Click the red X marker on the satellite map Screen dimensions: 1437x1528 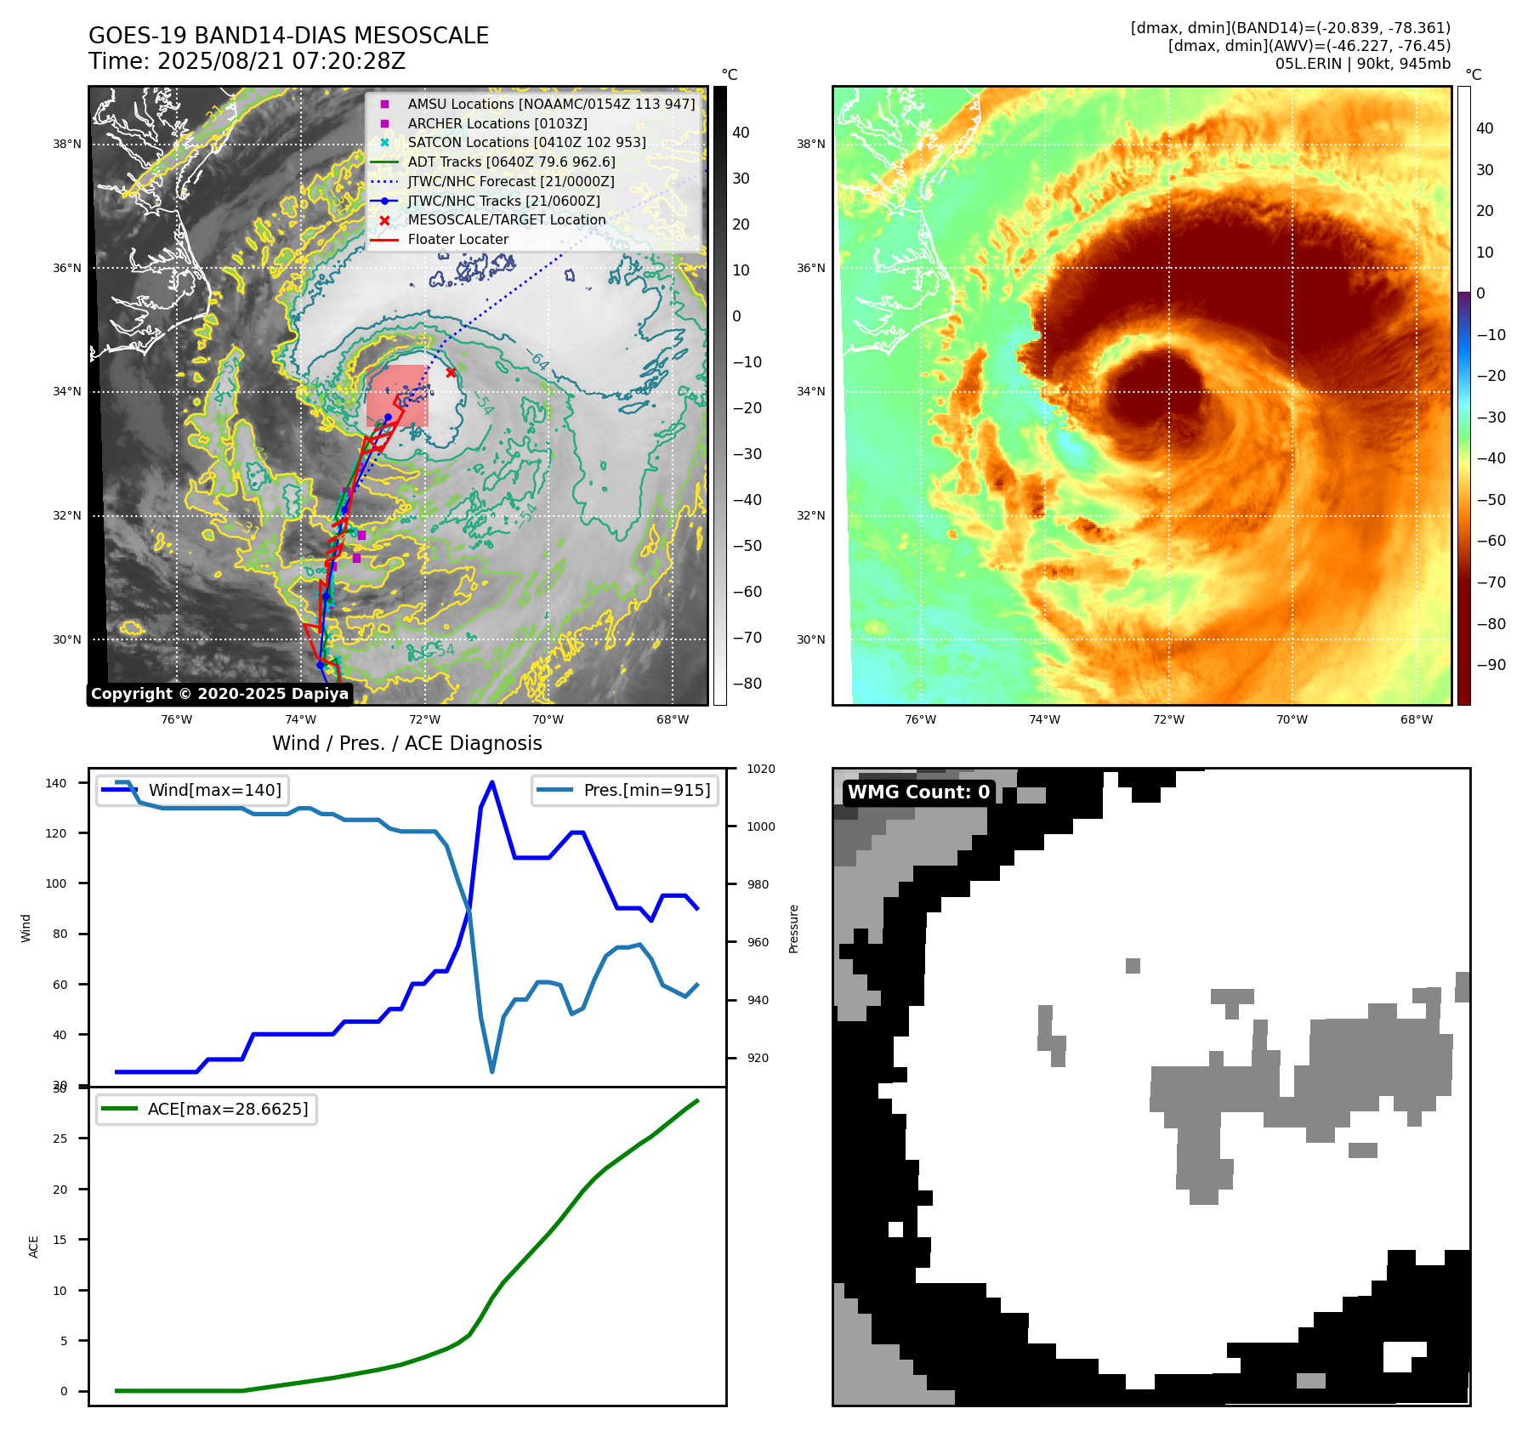[x=451, y=372]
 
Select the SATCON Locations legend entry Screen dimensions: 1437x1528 [x=526, y=143]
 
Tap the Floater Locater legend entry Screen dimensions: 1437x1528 [x=457, y=240]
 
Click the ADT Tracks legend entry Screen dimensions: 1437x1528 [x=511, y=162]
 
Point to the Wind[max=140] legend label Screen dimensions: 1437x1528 [x=214, y=790]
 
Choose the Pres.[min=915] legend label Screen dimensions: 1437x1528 [x=646, y=790]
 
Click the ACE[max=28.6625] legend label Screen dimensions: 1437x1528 [x=227, y=1109]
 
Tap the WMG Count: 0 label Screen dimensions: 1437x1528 [x=918, y=792]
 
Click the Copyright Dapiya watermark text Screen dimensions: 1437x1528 [x=219, y=694]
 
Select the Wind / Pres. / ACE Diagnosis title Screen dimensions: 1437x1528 [x=406, y=743]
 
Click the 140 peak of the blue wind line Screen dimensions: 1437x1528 [x=492, y=782]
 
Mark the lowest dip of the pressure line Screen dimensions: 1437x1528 [x=491, y=1071]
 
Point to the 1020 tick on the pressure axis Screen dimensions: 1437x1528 [x=760, y=769]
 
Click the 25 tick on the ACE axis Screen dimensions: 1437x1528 [x=60, y=1139]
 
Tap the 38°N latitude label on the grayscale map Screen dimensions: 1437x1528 [x=67, y=145]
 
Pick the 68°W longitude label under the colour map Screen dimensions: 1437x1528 [x=1416, y=719]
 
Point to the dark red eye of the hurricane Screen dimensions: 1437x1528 [x=1144, y=389]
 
